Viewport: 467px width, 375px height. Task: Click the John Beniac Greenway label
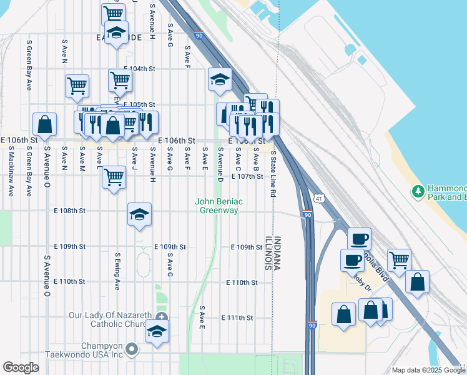(x=219, y=206)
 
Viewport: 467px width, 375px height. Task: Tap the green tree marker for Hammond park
(x=418, y=190)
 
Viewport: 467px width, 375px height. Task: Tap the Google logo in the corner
(x=21, y=367)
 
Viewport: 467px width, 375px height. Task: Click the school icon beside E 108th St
(x=139, y=214)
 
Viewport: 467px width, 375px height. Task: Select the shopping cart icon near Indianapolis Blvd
(x=399, y=259)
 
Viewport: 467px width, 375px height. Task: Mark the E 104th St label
(x=139, y=68)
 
